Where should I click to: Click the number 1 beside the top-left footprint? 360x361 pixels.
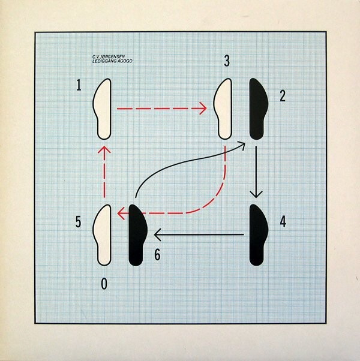79,86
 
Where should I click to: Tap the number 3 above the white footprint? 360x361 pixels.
226,61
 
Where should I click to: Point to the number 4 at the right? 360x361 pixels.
283,221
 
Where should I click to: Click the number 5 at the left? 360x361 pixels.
79,222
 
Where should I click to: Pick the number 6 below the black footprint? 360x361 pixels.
157,254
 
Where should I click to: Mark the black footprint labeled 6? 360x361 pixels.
137,234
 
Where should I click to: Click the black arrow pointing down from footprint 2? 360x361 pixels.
257,171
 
